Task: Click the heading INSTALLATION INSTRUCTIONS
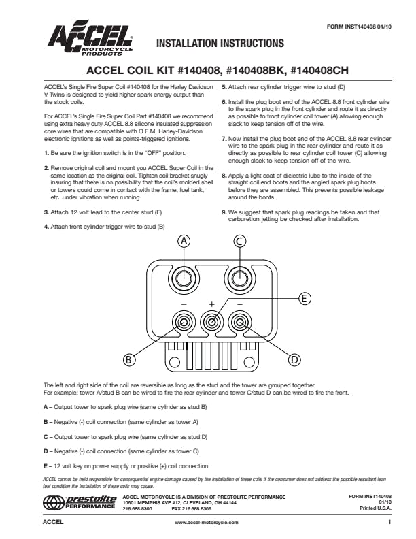(220, 44)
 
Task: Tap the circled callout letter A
(183, 240)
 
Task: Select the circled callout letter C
(239, 240)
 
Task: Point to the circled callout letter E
(305, 298)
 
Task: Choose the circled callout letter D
(294, 359)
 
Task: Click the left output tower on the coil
(183, 278)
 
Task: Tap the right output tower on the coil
(239, 278)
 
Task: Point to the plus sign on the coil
(211, 303)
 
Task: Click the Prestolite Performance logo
(80, 504)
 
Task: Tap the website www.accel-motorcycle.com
(207, 523)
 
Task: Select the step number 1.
(45, 153)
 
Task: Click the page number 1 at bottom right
(389, 523)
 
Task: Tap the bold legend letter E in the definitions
(45, 466)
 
